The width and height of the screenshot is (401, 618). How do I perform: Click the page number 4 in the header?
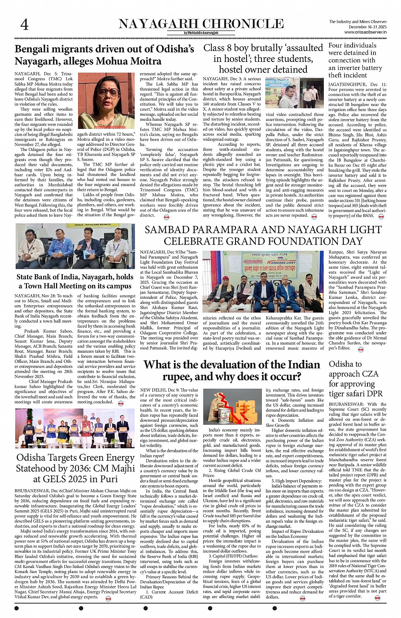point(25,25)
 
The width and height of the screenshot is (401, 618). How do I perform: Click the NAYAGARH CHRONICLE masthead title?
point(201,24)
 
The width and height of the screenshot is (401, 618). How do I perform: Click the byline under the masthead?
point(201,33)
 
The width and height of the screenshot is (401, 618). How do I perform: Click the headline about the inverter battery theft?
point(356,60)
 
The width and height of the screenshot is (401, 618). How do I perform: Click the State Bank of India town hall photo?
point(76,246)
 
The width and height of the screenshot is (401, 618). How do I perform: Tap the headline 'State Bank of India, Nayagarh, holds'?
point(75,277)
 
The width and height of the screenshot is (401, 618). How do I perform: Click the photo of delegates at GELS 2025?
point(76,430)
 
